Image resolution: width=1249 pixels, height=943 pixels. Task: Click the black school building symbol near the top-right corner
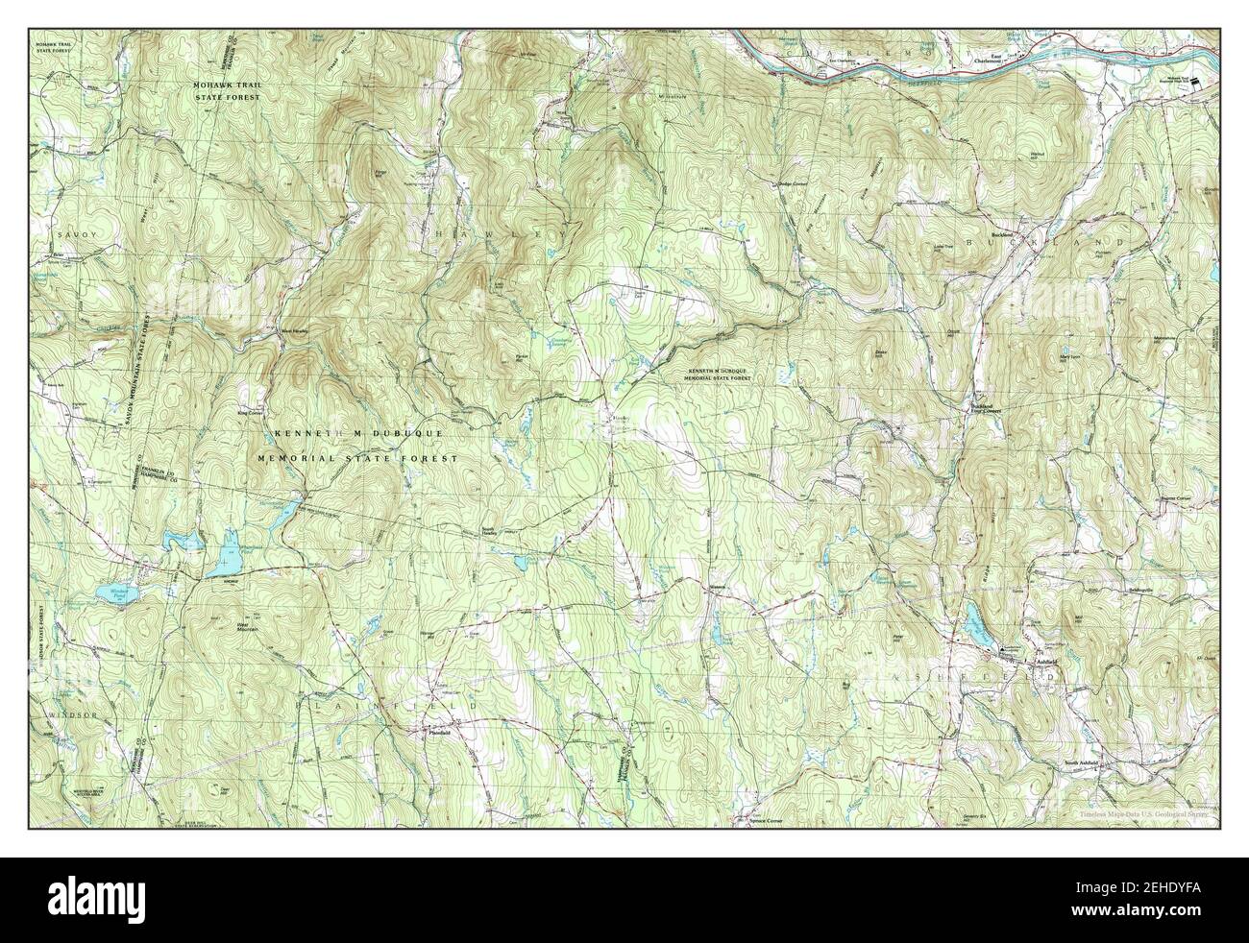click(x=1195, y=84)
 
